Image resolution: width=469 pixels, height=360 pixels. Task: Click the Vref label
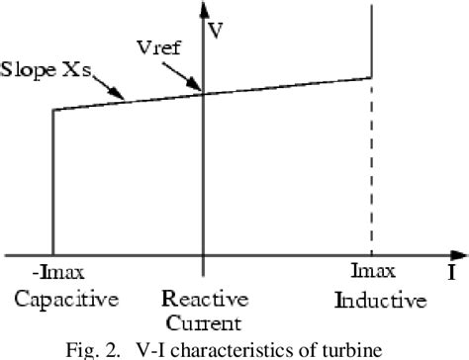point(158,45)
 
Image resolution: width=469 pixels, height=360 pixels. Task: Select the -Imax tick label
point(53,271)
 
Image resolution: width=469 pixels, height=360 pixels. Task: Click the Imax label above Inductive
point(373,271)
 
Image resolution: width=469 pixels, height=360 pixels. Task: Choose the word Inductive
point(380,298)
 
